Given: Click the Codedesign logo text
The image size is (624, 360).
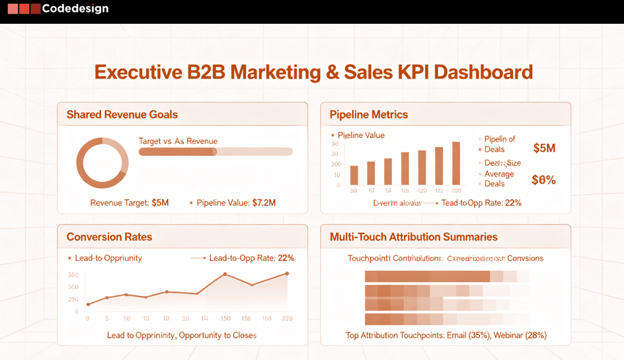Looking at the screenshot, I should pos(75,9).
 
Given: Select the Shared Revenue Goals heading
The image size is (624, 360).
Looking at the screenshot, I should pos(122,114).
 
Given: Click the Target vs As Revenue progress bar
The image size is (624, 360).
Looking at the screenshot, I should pos(215,152).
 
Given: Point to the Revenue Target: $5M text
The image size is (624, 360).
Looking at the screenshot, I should pos(130,203).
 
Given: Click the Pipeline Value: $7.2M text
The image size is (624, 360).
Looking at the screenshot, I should pos(236,203).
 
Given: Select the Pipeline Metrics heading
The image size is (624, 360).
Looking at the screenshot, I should pos(368,114).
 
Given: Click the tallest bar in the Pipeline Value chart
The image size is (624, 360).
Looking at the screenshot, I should pos(455,163).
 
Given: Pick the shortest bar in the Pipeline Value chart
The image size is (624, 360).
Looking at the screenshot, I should pos(354,175).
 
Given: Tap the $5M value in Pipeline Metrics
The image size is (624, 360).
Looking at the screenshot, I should pos(544,148).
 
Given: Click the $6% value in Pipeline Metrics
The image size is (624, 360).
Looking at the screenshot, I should pos(543,180).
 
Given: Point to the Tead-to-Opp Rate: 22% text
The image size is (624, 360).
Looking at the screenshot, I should pos(481,203).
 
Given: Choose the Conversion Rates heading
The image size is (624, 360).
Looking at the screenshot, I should pos(109,236).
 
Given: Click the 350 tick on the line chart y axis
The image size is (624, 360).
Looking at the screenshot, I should pos(73,275).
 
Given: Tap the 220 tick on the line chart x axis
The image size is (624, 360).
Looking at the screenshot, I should pos(287,318).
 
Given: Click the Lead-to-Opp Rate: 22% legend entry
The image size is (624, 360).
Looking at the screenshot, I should pos(251,258).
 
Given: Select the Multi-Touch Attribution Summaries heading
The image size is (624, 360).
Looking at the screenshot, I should pos(413,236).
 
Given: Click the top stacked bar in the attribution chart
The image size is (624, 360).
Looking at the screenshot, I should pos(447,276).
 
